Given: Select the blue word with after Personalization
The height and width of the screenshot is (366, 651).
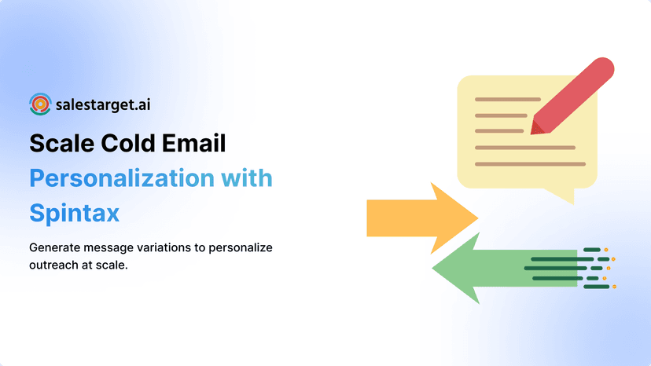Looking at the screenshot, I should coord(246,178).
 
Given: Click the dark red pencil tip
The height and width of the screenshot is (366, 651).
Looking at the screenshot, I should coord(536,126).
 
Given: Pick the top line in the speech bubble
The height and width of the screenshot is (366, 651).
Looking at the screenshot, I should coord(507,99).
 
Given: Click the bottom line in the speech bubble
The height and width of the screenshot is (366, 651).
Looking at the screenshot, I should coord(530,164).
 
